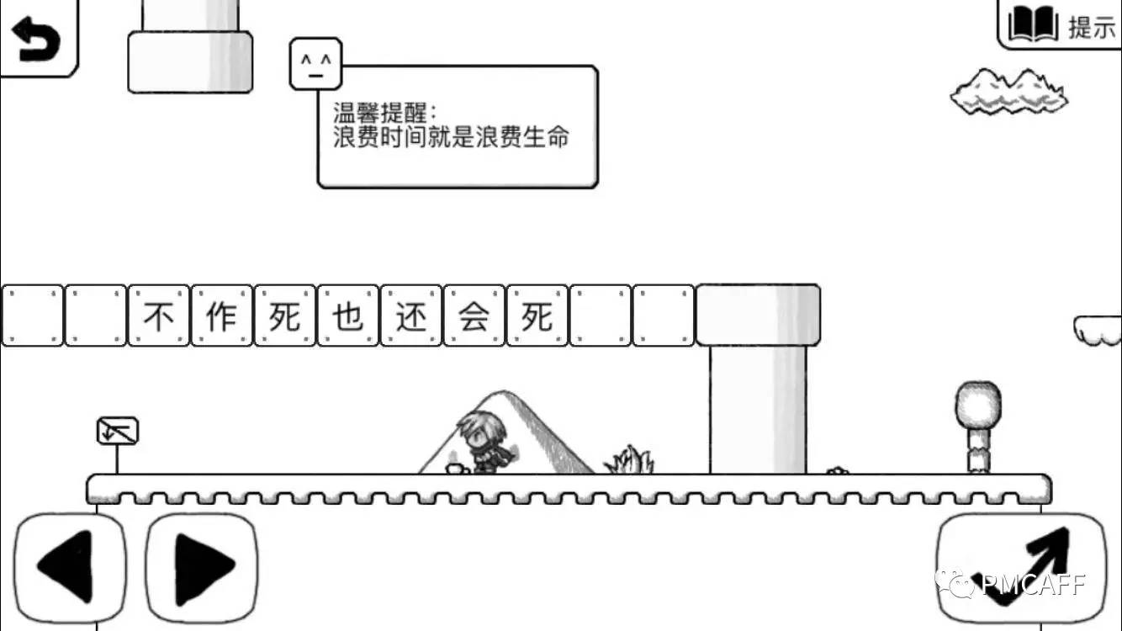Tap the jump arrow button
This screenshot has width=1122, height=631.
1021,567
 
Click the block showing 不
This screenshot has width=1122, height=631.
159,316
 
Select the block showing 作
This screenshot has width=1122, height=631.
222,316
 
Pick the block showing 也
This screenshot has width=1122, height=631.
348,316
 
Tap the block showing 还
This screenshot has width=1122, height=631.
411,316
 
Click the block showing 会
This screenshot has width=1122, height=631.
474,316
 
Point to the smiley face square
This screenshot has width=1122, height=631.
315,63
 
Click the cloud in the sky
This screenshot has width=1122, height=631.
1009,93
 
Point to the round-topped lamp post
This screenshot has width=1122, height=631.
977,425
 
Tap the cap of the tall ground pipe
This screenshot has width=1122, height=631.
758,315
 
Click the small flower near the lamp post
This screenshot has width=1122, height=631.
835,470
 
